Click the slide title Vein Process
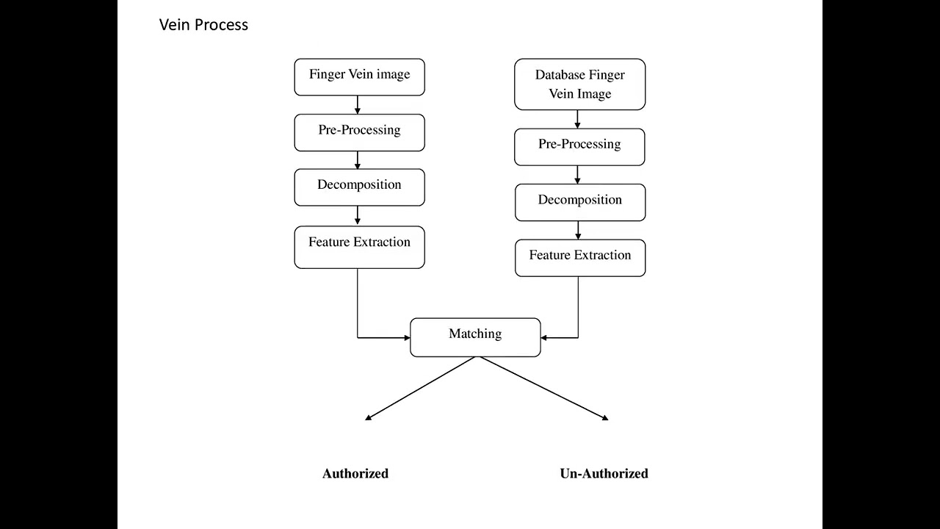203,25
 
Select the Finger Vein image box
359,76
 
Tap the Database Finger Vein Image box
579,84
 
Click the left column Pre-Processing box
359,132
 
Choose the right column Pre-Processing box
579,146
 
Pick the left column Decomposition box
359,187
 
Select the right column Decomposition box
579,202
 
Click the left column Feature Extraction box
359,247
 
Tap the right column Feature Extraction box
579,257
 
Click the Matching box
475,337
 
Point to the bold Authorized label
355,474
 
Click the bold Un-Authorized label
604,474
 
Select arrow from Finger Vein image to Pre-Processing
358,105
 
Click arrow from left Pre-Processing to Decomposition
358,160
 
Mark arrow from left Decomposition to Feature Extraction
358,216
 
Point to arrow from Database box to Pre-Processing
577,120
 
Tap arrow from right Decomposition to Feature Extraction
578,231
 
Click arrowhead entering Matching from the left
405,338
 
